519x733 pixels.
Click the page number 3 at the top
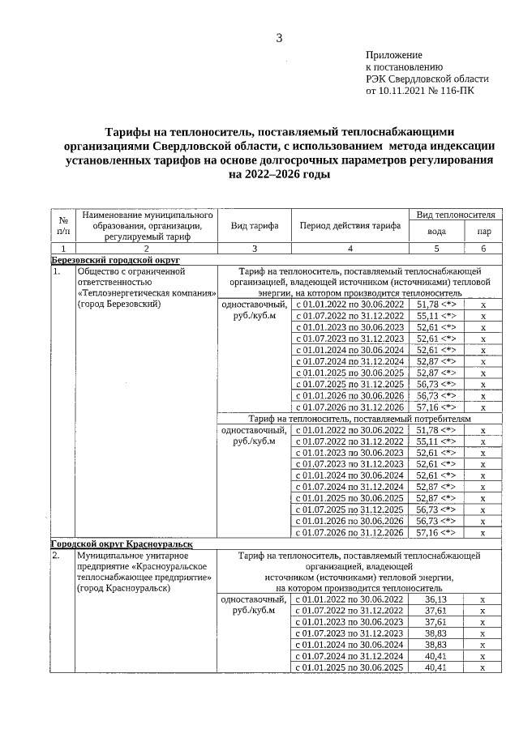click(279, 37)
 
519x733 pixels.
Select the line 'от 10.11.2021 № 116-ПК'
click(421, 92)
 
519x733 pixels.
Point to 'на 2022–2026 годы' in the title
click(279, 174)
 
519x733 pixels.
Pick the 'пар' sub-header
click(483, 232)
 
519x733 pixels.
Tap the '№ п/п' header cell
click(63, 226)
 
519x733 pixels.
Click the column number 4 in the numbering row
click(350, 248)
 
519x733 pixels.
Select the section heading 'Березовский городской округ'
click(114, 260)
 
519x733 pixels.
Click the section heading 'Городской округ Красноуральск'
click(122, 543)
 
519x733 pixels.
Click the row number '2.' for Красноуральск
click(57, 556)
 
